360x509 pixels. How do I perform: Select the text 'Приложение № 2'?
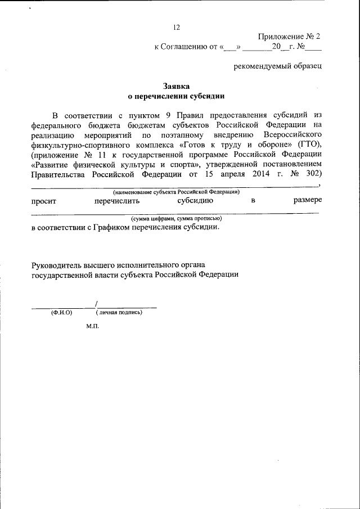(289, 37)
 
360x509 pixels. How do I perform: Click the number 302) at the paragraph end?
(310, 174)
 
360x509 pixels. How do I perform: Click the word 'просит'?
(43, 200)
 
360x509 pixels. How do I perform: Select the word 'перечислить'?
(117, 200)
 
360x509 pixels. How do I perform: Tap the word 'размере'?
(307, 200)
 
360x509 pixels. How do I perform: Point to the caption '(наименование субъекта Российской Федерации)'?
(176, 192)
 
